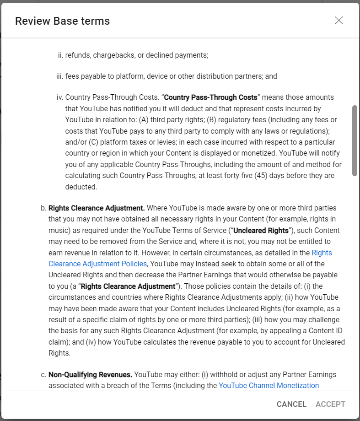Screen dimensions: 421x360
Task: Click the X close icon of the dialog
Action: tap(339, 21)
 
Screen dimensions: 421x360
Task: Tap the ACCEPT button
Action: tap(330, 404)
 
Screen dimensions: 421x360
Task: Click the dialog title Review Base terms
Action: tap(62, 21)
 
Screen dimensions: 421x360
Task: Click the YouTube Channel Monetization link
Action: tap(269, 385)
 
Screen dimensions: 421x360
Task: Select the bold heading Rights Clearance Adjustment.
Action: tap(97, 208)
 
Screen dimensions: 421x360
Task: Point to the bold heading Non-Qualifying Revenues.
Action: tap(90, 375)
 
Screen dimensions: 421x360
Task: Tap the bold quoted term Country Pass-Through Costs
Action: tap(210, 97)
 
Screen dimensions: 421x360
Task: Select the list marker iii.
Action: tap(59, 76)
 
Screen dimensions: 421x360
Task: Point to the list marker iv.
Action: tap(59, 97)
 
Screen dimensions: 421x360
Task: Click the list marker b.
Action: tap(44, 208)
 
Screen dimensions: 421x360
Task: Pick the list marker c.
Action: tap(44, 375)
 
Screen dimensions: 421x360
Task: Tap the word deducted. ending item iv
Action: tap(81, 187)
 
